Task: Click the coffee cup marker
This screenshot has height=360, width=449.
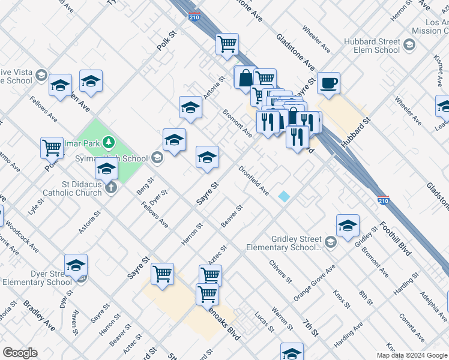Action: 328,83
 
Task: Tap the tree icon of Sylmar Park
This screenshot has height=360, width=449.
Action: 109,142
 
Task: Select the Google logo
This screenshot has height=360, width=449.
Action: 20,353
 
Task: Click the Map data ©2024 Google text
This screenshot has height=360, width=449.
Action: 412,355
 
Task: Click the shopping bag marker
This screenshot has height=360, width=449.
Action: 245,78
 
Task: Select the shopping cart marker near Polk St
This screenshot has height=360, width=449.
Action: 52,147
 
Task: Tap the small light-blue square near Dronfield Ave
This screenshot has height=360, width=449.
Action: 283,196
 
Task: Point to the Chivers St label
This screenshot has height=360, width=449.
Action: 280,271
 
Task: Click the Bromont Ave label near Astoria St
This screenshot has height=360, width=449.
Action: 237,123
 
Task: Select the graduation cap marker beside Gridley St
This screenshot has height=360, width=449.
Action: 348,225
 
